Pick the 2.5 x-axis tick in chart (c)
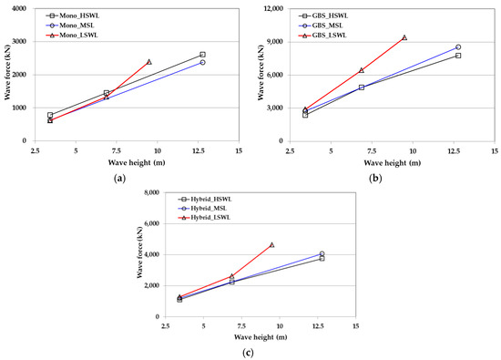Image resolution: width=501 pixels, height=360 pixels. pyautogui.click(x=166, y=324)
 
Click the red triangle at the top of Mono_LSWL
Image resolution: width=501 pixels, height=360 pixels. pyautogui.click(x=149, y=62)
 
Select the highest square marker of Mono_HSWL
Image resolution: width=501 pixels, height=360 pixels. pyautogui.click(x=202, y=55)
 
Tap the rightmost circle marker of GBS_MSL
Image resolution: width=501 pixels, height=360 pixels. pyautogui.click(x=458, y=47)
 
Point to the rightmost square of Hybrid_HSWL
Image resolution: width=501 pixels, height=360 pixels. pyautogui.click(x=322, y=258)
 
